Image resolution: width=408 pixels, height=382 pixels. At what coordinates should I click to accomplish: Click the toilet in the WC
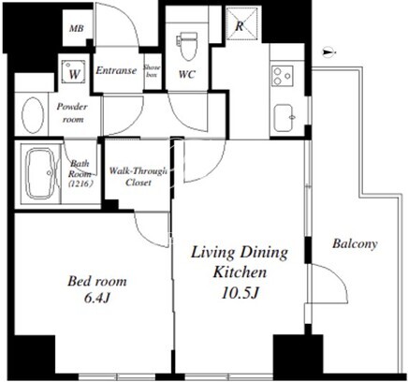[x=187, y=46]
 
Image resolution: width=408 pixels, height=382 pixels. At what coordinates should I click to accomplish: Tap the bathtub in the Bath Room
[x=40, y=173]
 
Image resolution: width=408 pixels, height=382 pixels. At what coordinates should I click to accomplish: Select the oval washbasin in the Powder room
[x=33, y=115]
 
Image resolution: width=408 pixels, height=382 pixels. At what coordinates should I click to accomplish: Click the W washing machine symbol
[x=74, y=72]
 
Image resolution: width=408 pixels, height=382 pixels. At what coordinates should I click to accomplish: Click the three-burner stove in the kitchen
[x=282, y=76]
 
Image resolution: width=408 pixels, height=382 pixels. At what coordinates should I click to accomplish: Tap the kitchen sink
[x=284, y=118]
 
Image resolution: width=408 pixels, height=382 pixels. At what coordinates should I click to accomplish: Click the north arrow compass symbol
[x=328, y=52]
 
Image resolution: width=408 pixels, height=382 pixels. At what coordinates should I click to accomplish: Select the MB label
[x=77, y=29]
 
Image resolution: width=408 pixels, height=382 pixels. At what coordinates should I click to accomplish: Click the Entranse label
[x=116, y=70]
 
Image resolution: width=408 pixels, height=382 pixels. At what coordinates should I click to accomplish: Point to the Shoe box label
[x=152, y=71]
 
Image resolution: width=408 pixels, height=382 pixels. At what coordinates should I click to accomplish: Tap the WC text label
[x=187, y=74]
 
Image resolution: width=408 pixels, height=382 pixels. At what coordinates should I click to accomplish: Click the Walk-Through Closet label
[x=138, y=177]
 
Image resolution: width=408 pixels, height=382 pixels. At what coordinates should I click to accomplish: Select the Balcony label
[x=355, y=243]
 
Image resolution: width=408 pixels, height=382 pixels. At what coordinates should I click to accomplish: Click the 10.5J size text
[x=240, y=293]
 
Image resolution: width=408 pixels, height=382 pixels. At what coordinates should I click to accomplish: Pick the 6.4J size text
[x=97, y=298]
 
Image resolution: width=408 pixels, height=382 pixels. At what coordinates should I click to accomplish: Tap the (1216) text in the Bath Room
[x=80, y=184]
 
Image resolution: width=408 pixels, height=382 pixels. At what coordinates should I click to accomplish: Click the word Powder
[x=72, y=107]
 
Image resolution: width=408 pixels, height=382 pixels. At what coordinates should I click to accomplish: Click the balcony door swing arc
[x=338, y=274]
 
